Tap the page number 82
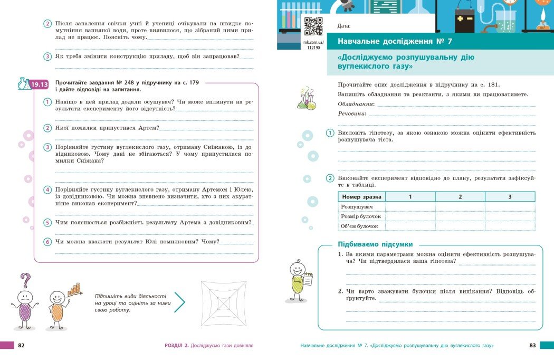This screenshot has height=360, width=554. [x=22, y=345]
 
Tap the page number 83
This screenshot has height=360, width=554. [x=532, y=345]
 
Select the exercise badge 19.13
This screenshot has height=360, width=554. [x=39, y=84]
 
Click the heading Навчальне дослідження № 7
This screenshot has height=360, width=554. [x=392, y=42]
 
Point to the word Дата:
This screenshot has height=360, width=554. [x=344, y=26]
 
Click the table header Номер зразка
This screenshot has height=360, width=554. [x=362, y=196]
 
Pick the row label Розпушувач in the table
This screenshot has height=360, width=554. [x=354, y=206]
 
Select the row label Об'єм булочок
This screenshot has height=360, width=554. [x=360, y=226]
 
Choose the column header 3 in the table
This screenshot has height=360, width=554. [x=510, y=196]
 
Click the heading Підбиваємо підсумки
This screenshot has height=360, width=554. [x=375, y=244]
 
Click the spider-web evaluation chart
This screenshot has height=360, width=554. [x=224, y=302]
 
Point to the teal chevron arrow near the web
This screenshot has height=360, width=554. [x=179, y=302]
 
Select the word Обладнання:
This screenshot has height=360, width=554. [x=356, y=104]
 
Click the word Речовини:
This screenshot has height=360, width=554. [x=352, y=114]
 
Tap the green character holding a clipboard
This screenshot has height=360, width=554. [x=298, y=278]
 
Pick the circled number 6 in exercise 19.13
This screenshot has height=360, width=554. [x=47, y=242]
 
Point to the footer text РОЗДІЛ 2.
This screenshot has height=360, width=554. [x=177, y=345]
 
